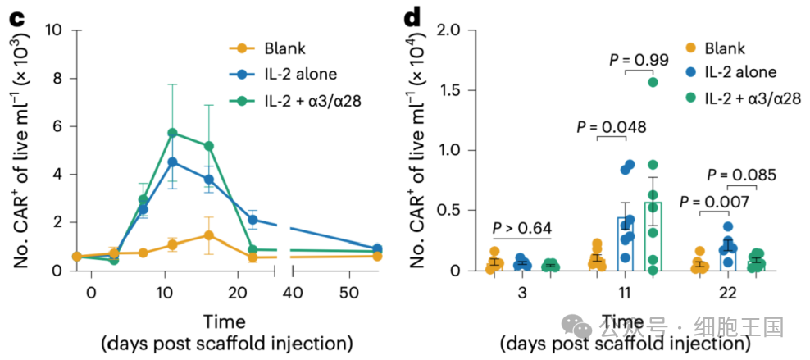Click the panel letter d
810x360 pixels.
click(416, 14)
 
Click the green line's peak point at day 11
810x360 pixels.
click(173, 132)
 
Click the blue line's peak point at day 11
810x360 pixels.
click(173, 162)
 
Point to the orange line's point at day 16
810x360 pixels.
click(209, 235)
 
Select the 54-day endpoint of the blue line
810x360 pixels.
click(377, 248)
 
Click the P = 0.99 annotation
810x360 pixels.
click(639, 59)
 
